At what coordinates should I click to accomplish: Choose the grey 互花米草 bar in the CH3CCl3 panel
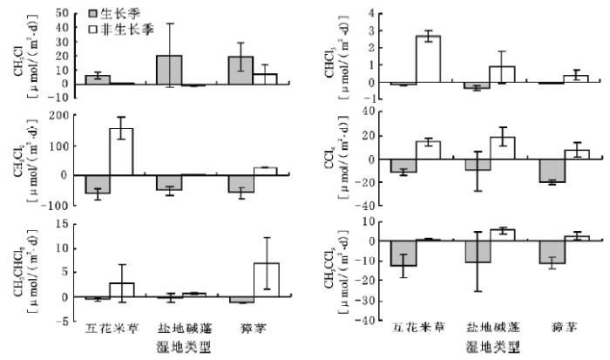(x=403, y=253)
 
